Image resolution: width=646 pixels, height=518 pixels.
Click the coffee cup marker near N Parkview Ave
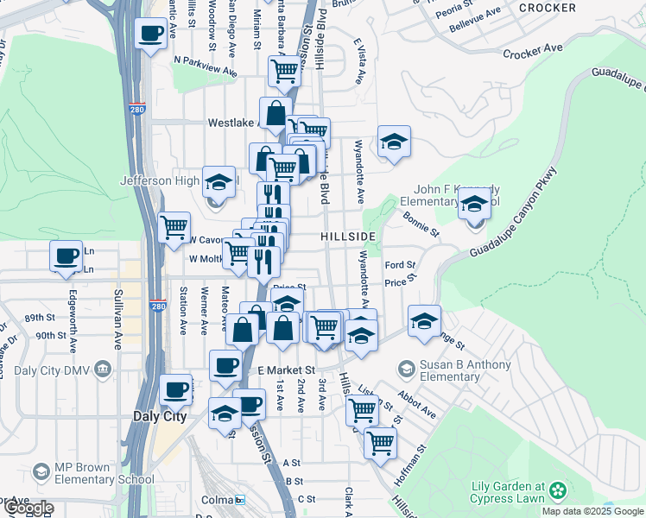pos(151,34)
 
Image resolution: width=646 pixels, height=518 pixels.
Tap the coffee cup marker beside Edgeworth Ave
pos(66,256)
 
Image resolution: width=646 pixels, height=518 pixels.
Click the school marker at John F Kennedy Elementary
pos(474,205)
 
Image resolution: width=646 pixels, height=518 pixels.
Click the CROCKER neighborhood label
pos(548,8)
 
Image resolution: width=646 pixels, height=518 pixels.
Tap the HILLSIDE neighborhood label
pos(348,237)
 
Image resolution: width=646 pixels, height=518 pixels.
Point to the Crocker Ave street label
pos(533,54)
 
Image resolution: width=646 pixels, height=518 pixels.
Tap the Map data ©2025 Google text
pos(592,511)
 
